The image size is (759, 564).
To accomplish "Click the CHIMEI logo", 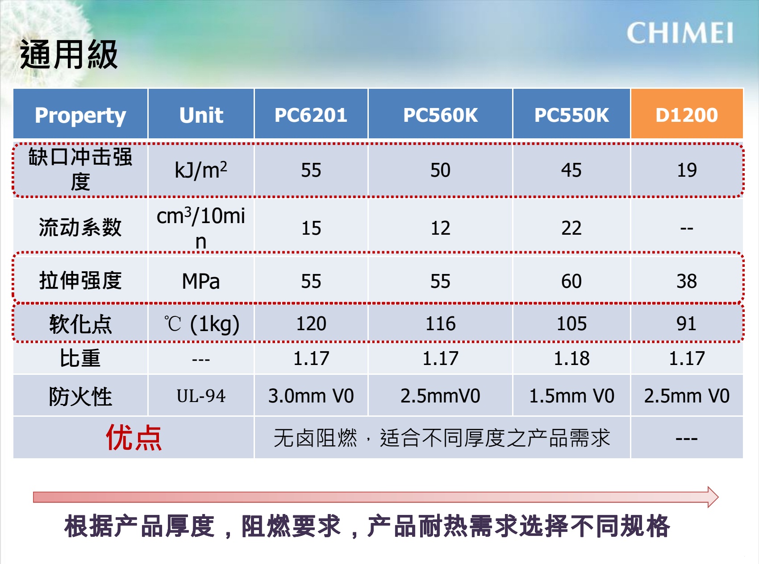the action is (680, 33).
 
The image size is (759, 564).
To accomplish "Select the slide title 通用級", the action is (69, 54).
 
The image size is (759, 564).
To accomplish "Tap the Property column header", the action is (80, 115).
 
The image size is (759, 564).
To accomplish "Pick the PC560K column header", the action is (440, 115).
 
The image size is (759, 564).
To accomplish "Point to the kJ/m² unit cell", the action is (201, 170).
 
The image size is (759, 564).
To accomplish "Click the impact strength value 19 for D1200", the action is (687, 170).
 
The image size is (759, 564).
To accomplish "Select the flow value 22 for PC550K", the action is (571, 228).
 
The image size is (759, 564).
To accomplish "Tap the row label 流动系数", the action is (80, 227).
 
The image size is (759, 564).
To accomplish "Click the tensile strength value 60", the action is (571, 281).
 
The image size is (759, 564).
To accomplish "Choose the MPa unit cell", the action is (201, 281).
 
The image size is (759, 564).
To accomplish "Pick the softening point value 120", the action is (311, 323).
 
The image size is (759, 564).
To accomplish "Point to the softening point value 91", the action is (687, 323).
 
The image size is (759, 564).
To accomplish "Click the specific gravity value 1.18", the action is (571, 358).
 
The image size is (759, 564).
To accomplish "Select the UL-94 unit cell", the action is (201, 396).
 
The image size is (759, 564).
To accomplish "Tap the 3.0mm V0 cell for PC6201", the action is (311, 396).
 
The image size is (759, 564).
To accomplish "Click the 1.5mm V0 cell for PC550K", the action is (571, 396).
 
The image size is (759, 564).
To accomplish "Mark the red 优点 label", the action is (133, 437).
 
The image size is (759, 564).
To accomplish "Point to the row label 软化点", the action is (80, 324).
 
